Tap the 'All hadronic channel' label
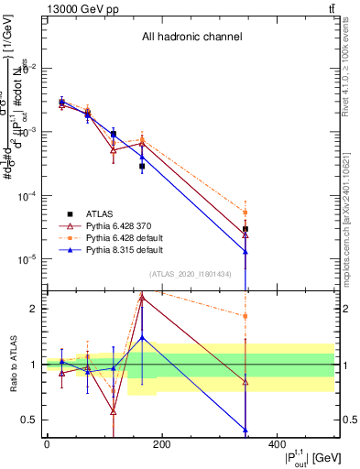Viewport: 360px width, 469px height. point(191,38)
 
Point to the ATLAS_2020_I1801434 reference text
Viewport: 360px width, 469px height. point(190,274)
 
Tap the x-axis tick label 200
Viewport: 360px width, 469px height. point(161,445)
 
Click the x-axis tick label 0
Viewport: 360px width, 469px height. point(47,445)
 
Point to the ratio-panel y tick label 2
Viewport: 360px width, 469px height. point(33,309)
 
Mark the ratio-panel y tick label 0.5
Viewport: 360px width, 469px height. point(29,420)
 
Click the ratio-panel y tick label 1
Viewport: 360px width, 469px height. point(33,365)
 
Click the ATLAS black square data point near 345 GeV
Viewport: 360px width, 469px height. point(245,229)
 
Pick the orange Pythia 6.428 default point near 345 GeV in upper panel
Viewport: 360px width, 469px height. point(245,213)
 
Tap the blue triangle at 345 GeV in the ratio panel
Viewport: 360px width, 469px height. point(245,430)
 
